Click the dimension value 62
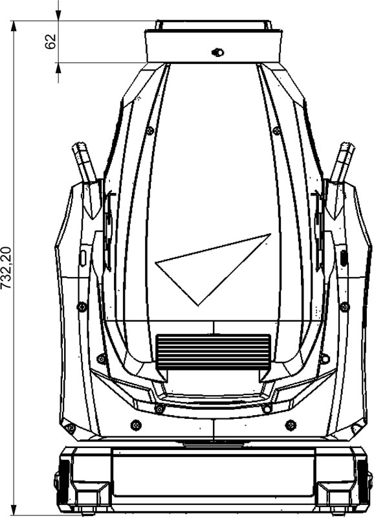point(50,41)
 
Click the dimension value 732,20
point(6,267)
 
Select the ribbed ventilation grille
point(214,352)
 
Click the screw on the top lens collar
point(217,52)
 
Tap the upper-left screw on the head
point(150,131)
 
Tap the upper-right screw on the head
point(277,131)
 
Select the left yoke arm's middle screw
point(82,307)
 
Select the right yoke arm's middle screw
point(345,307)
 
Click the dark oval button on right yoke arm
point(344,258)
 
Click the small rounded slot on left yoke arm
point(83,257)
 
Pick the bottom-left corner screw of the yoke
point(71,429)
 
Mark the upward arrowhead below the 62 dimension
point(58,68)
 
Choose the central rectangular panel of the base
point(214,473)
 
